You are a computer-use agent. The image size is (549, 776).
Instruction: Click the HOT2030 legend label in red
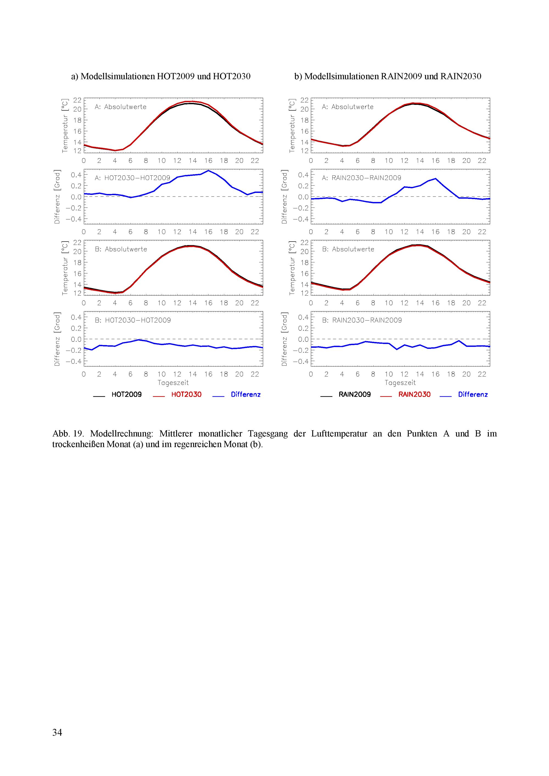click(186, 394)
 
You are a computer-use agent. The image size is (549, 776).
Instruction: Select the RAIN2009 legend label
click(355, 394)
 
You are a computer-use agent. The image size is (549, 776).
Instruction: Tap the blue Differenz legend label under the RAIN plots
click(473, 394)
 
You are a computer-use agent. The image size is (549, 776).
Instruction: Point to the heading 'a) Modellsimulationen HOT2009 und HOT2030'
click(161, 76)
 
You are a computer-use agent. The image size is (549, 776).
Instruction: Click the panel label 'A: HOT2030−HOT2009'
click(133, 178)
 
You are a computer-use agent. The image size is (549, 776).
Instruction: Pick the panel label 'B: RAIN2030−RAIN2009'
click(362, 320)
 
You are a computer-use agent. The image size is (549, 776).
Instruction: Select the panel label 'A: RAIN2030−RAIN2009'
click(362, 178)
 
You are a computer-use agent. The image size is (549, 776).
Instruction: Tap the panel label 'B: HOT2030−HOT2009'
click(133, 320)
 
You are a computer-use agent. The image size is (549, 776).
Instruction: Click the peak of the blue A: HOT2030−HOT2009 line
click(208, 171)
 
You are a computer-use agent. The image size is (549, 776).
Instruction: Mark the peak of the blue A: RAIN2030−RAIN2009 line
click(435, 178)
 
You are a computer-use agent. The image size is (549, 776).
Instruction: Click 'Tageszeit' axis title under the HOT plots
click(173, 383)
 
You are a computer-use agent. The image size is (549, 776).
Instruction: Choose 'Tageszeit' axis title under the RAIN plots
click(400, 383)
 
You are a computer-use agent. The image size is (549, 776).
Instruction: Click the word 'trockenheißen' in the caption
click(79, 444)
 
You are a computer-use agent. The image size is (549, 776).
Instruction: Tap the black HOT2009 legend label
click(127, 394)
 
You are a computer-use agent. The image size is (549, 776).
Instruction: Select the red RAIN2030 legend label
click(414, 394)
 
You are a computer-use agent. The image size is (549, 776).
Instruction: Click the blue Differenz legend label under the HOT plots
click(245, 394)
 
